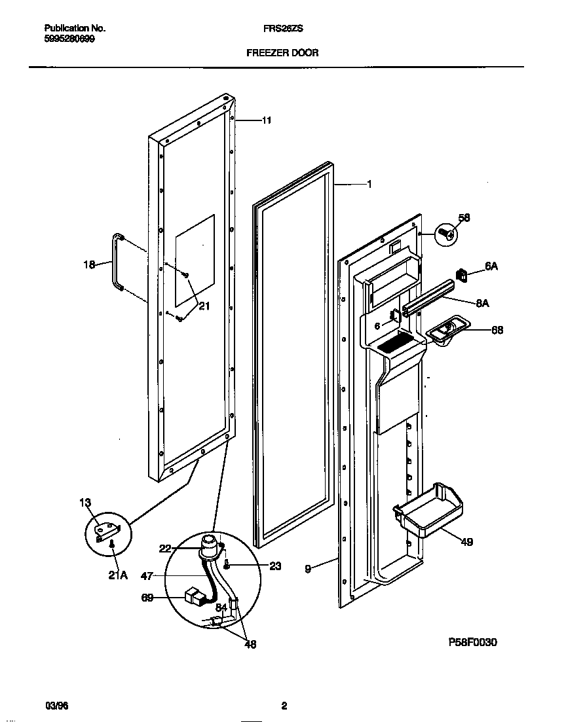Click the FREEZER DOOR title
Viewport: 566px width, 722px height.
pos(282,52)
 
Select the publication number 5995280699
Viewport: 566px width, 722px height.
pos(69,39)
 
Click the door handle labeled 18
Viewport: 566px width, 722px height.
pos(118,261)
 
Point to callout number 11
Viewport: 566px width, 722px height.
pos(267,120)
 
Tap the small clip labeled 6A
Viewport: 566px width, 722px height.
pos(462,275)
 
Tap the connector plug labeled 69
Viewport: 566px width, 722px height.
pos(193,596)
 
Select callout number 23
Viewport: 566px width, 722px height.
pos(275,566)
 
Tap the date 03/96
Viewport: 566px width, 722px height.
pos(57,706)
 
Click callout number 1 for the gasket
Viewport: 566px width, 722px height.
pos(369,185)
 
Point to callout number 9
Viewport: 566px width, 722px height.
pos(308,569)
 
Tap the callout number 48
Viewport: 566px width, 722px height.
pos(250,644)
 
